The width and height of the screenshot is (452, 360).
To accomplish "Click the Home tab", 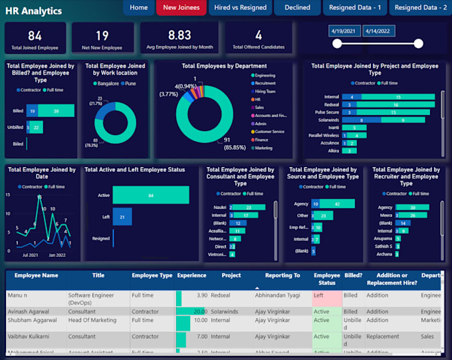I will [x=139, y=8].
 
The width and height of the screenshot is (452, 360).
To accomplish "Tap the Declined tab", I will [x=297, y=8].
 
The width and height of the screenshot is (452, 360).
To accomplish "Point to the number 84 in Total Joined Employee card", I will [x=35, y=35].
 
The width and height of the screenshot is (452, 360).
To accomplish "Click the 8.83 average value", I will [x=179, y=35].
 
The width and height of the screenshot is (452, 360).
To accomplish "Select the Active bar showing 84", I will [x=150, y=195].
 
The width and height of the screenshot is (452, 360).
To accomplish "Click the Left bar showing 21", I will [x=122, y=217].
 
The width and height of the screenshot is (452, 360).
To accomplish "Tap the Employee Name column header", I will [x=32, y=275].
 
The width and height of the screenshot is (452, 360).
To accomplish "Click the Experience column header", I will [x=191, y=275].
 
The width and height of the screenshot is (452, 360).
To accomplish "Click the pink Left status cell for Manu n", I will [x=326, y=295].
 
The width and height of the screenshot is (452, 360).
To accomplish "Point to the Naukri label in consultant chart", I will [x=219, y=208].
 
